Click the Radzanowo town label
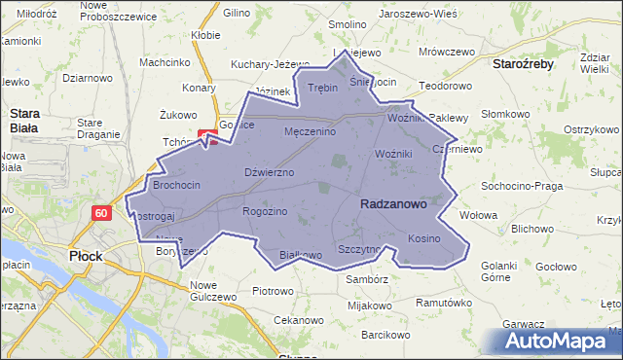[x=393, y=204]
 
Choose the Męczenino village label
[x=310, y=131]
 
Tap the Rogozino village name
[x=265, y=211]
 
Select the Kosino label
[x=424, y=238]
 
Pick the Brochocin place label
[x=176, y=184]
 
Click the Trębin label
[x=322, y=88]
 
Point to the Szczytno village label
[x=359, y=249]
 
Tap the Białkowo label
[x=300, y=255]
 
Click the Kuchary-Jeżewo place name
[x=262, y=64]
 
